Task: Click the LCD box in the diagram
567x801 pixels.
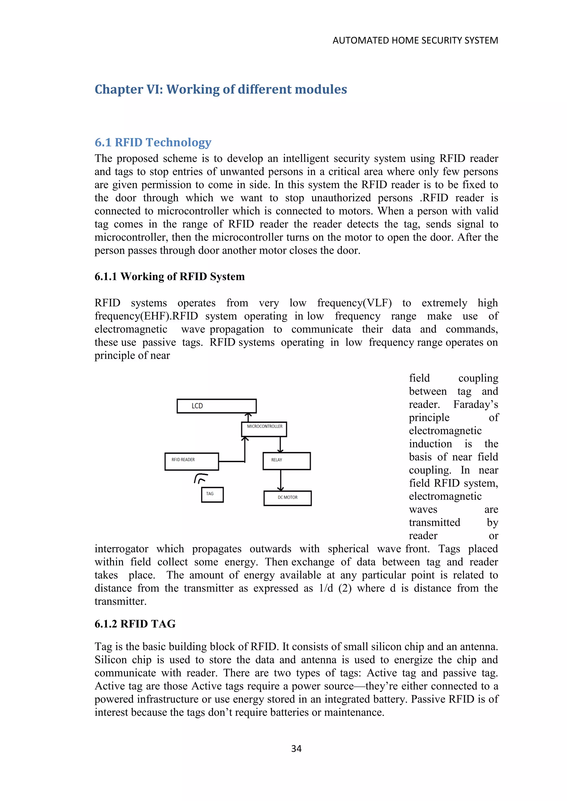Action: [x=217, y=406]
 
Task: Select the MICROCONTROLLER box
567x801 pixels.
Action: [x=264, y=429]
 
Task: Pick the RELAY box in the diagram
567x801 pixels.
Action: [x=287, y=461]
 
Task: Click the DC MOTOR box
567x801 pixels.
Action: [x=287, y=498]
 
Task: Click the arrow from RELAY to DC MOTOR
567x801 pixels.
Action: [x=280, y=480]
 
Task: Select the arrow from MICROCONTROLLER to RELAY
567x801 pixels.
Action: [x=280, y=444]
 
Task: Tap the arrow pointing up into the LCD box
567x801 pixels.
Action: [x=248, y=417]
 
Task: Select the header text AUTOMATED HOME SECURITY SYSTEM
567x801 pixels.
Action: [x=415, y=40]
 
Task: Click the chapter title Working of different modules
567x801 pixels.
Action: [x=221, y=89]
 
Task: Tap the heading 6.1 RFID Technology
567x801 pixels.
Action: [x=153, y=142]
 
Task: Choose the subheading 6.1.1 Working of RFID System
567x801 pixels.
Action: [x=169, y=277]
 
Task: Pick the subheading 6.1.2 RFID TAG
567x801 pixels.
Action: [x=135, y=624]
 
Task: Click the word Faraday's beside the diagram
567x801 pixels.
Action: [x=476, y=405]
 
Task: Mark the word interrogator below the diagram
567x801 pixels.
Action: [x=121, y=549]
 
